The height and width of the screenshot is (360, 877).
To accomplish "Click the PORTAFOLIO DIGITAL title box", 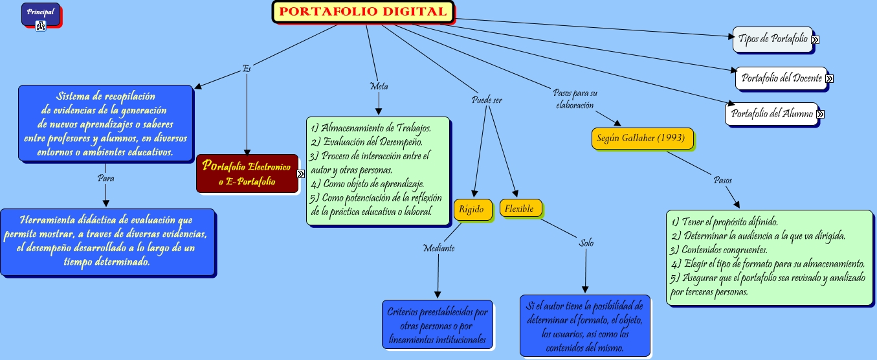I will click(x=364, y=12).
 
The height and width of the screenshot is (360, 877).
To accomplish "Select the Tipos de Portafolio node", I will click(x=772, y=39).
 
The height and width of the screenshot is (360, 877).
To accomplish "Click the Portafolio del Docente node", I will click(x=781, y=78).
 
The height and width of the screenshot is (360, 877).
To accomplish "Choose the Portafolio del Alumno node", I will click(x=772, y=114).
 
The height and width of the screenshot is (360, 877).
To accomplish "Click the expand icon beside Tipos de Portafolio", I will click(x=815, y=39).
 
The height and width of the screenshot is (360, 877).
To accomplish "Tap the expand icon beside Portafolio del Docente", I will click(x=829, y=79).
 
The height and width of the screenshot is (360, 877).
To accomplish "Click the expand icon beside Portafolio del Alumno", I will click(x=820, y=115).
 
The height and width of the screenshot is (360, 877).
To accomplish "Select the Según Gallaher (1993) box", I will click(x=643, y=139).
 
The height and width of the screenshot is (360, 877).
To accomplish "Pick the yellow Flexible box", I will click(x=520, y=209).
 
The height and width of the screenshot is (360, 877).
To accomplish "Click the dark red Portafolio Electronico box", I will click(x=247, y=174).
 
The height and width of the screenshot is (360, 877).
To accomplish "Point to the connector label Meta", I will click(x=379, y=85).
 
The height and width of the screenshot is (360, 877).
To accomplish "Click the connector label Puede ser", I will click(x=487, y=100).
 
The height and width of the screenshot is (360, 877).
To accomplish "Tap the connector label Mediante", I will click(x=438, y=248).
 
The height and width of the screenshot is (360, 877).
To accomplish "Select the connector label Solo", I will click(x=586, y=243).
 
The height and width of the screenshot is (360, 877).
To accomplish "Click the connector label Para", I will click(x=105, y=177).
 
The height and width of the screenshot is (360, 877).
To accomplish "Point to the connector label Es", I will click(x=247, y=68).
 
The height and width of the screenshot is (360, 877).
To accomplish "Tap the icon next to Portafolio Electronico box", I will click(x=301, y=174).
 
